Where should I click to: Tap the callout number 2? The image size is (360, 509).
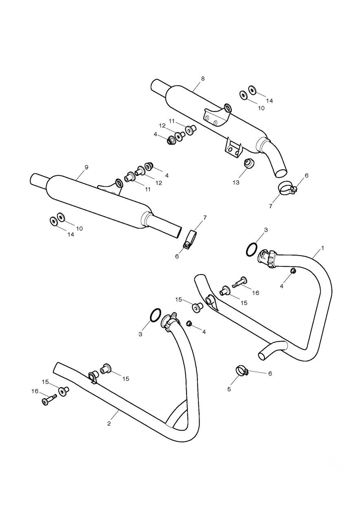pyautogui.click(x=109, y=423)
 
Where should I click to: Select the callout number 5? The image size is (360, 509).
pyautogui.click(x=229, y=389)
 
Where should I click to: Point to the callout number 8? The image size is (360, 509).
pyautogui.click(x=203, y=79)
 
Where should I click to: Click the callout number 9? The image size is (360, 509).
pyautogui.click(x=86, y=167)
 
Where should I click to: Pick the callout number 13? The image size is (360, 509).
pyautogui.click(x=236, y=182)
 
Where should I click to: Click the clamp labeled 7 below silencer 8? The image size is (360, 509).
pyautogui.click(x=286, y=188)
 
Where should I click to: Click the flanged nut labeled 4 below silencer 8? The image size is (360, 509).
pyautogui.click(x=170, y=141)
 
